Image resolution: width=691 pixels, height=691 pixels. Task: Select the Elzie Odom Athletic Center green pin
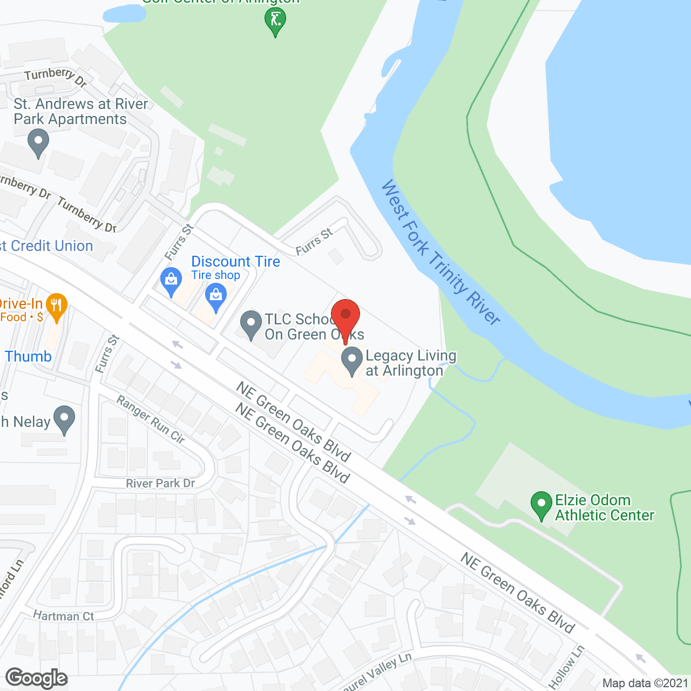point(541,505)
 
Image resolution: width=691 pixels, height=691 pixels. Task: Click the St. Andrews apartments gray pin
point(38,144)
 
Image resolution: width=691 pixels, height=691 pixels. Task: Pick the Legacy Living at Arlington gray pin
point(352,360)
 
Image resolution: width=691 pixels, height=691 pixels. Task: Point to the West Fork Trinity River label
point(441,252)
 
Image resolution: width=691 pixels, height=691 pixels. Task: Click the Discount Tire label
point(235,262)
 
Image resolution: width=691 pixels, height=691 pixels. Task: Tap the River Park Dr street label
point(160,483)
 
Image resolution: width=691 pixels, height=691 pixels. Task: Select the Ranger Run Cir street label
point(151,420)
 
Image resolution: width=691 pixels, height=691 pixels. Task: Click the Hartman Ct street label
point(63,616)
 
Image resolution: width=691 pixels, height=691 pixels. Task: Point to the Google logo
point(36,678)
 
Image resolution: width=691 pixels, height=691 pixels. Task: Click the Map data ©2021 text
point(645,683)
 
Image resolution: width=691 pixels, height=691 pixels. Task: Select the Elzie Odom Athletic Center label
point(604,507)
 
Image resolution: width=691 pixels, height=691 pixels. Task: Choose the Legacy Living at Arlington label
point(411,363)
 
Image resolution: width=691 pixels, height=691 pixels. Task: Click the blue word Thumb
point(28,356)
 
